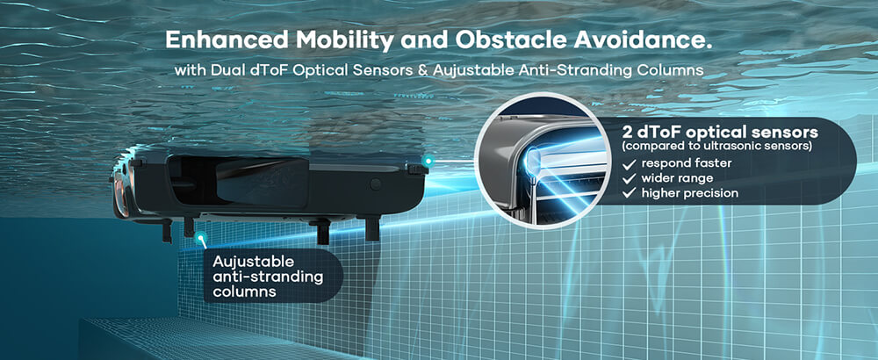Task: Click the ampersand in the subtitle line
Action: click(422, 71)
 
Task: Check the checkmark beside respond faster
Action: click(630, 163)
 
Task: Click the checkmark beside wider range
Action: click(630, 178)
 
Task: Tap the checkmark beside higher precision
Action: click(630, 192)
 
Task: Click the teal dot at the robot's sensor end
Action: click(428, 162)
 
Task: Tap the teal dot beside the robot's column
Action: click(200, 236)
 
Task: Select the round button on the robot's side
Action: click(375, 184)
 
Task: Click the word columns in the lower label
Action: click(244, 292)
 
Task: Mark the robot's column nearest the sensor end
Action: click(371, 229)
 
